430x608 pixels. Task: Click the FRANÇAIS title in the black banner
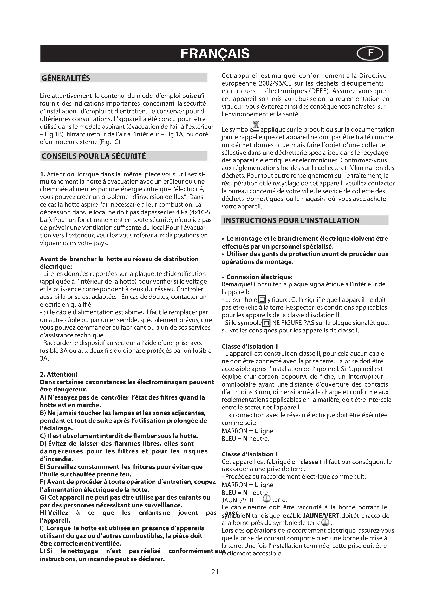pyautogui.click(x=215, y=54)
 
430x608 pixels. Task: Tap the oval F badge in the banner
pyautogui.click(x=370, y=54)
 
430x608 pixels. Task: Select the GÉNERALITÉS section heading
pyautogui.click(x=66, y=78)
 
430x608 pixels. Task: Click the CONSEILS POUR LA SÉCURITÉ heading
pyautogui.click(x=94, y=156)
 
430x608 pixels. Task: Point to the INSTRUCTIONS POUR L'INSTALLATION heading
pyautogui.click(x=291, y=221)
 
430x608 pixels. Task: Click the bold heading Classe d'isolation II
pyautogui.click(x=250, y=346)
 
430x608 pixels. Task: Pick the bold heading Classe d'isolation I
pyautogui.click(x=249, y=454)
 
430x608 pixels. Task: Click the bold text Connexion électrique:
pyautogui.click(x=259, y=277)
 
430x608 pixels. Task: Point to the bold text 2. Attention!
pyautogui.click(x=59, y=374)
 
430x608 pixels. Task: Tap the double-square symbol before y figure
pyautogui.click(x=262, y=300)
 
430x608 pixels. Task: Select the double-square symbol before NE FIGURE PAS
pyautogui.click(x=266, y=323)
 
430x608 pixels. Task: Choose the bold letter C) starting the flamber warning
pyautogui.click(x=43, y=436)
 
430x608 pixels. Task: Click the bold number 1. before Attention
pyautogui.click(x=43, y=174)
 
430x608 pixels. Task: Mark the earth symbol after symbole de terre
pyautogui.click(x=325, y=522)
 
